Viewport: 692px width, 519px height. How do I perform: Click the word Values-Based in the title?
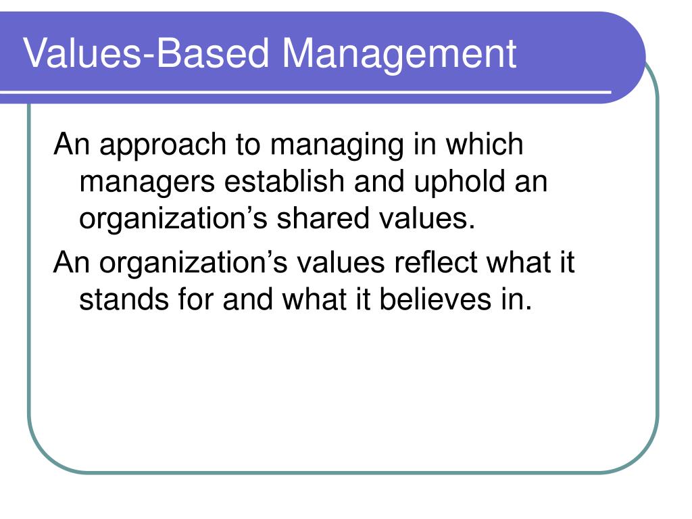tap(146, 53)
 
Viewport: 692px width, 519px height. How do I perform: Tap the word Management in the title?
tap(399, 54)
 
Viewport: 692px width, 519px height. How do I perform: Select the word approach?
tap(163, 145)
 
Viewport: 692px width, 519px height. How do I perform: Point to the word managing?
tap(337, 145)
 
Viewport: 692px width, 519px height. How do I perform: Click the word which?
tap(484, 143)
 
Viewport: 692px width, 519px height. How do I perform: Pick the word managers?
tap(147, 182)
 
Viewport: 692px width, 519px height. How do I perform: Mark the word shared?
tap(323, 218)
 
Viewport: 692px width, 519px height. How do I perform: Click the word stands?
tap(124, 299)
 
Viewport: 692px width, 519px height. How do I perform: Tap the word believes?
tap(435, 299)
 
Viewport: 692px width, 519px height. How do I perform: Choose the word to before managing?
tap(248, 145)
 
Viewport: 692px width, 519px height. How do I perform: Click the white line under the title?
tap(305, 92)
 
